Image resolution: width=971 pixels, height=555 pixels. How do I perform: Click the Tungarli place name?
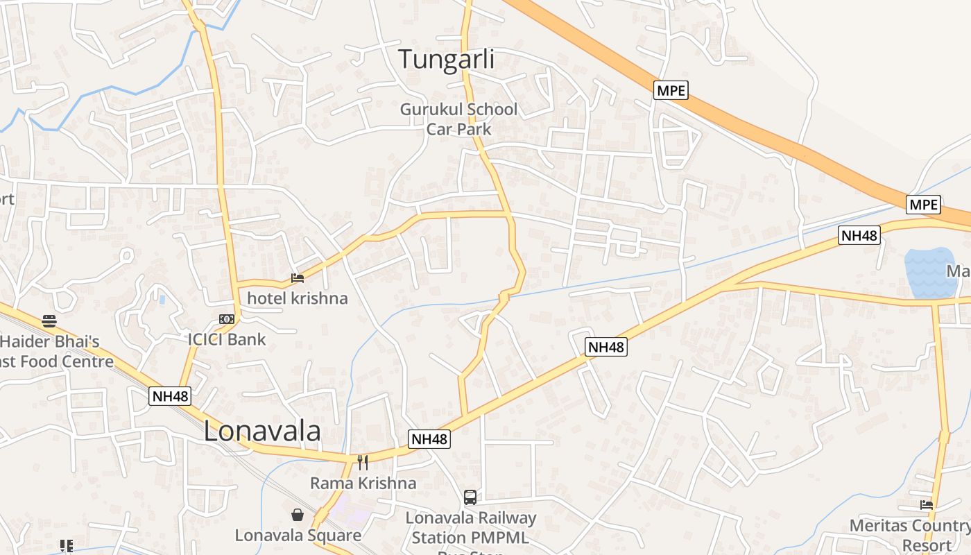coord(446,59)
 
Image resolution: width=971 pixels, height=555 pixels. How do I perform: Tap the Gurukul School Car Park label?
coord(458,119)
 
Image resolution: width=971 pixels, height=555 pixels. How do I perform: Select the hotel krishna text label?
coord(298,298)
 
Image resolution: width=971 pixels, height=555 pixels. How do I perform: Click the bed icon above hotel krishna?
coord(298,278)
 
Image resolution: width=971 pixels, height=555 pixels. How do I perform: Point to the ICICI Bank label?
coord(227,339)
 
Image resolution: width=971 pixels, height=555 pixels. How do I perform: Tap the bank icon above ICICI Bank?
coord(227,319)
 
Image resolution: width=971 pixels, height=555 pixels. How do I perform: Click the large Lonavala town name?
coord(262,432)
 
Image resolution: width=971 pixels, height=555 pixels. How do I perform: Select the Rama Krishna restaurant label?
coord(363,483)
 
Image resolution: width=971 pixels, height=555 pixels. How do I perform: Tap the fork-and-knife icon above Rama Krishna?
coord(362,462)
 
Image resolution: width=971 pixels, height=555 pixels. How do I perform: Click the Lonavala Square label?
coord(298,535)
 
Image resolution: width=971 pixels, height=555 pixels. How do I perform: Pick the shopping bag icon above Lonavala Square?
coord(298,515)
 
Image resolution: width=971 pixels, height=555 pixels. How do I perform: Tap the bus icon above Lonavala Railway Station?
coord(470,497)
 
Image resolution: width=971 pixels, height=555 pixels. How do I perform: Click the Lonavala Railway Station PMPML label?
coord(470,527)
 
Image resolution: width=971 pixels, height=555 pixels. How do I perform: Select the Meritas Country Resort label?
coord(909,535)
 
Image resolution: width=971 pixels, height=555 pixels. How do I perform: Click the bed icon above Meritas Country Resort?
coord(927,505)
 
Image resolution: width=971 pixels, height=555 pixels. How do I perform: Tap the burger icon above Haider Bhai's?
coord(49,321)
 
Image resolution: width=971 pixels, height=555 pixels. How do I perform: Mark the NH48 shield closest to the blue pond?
coord(859,235)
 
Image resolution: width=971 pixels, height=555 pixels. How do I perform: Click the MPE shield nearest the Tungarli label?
coord(671,90)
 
